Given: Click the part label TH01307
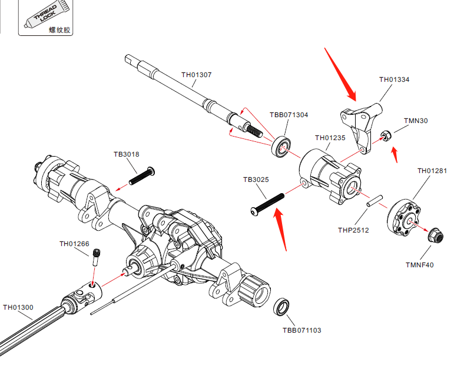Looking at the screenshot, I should pos(196,75).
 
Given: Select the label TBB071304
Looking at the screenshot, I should pos(289,115).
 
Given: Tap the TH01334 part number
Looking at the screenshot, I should pos(394,79).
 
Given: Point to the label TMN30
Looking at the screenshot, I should pos(416,121).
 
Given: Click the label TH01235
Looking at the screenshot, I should pos(330,138).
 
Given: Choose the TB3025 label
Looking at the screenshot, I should pos(256,178).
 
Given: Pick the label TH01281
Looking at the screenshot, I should pos(432,171).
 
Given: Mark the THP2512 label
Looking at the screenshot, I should pos(353,230).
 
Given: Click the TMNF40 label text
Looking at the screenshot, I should pos(419,265).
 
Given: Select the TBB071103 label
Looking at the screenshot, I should pos(301,330).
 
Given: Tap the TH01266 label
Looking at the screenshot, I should pos(74,244).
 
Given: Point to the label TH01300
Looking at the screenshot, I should pos(18,307).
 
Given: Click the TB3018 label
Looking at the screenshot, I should pos(126,155).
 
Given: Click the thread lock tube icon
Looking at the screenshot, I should pos(45,15).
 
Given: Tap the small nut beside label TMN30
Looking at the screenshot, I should pos(386,137).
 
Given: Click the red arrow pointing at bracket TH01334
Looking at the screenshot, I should pos(340,74).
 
